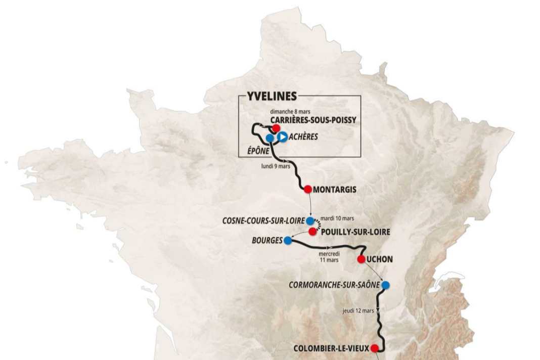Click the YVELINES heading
tap(272, 97)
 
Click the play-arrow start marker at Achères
tap(283, 137)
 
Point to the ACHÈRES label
tap(304, 137)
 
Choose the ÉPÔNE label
tap(257, 150)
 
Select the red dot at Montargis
tap(307, 189)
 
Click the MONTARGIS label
tap(335, 190)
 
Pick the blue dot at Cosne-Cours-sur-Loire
tap(310, 221)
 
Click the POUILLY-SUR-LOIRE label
tap(356, 232)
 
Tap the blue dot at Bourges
tap(287, 241)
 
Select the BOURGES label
tap(266, 241)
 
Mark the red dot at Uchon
tap(361, 259)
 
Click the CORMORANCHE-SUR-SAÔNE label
tap(334, 285)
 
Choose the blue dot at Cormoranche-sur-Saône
tap(386, 285)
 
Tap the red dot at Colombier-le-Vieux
tap(374, 348)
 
